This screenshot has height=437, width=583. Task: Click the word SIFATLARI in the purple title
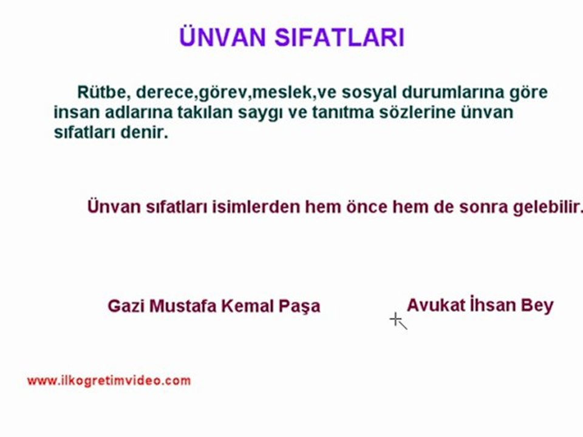(339, 37)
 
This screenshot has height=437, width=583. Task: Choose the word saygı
(261, 113)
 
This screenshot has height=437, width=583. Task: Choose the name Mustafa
(183, 306)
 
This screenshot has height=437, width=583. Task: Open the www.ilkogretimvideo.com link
(109, 381)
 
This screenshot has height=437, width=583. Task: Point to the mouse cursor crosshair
(395, 319)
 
